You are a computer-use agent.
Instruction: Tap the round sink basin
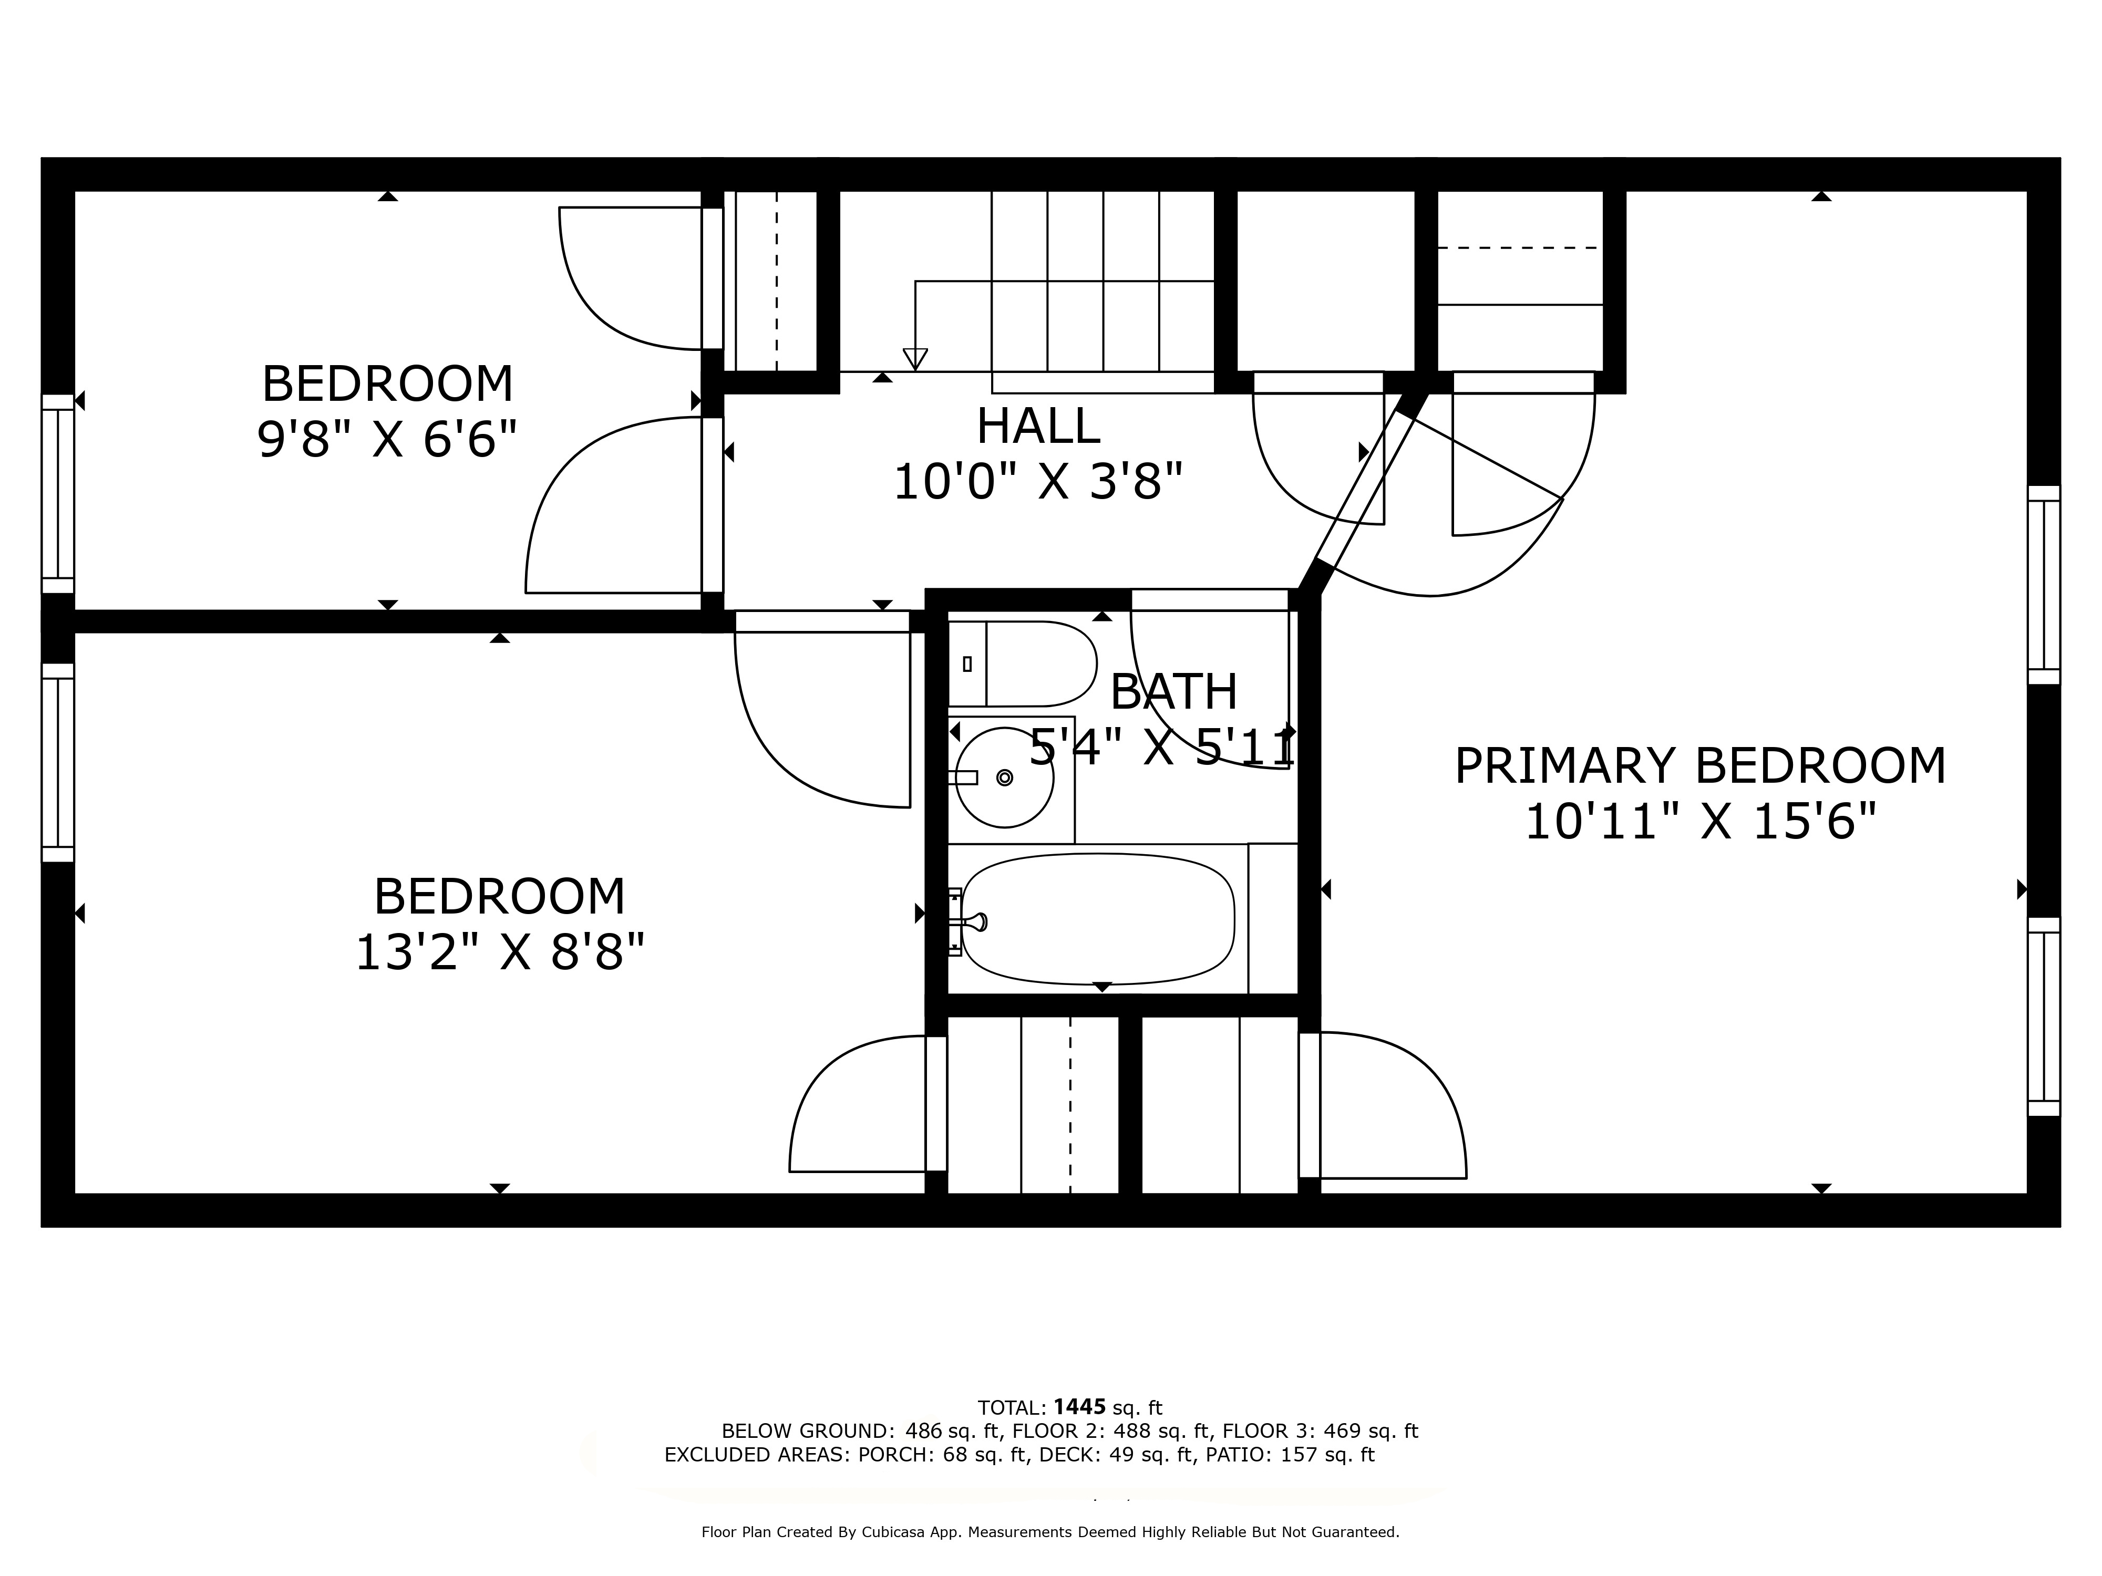tap(1004, 777)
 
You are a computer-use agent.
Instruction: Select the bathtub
tap(1098, 919)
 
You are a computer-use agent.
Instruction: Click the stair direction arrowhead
tap(915, 359)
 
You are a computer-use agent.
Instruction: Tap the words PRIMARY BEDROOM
tap(1700, 766)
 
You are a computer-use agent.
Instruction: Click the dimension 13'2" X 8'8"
tap(500, 952)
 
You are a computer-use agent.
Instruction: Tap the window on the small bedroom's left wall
tap(58, 493)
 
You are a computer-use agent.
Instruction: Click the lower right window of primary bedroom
tap(2043, 1017)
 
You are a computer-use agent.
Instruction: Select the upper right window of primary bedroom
tap(2043, 584)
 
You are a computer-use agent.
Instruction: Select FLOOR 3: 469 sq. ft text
tap(1319, 1430)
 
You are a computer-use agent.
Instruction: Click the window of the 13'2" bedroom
tap(58, 762)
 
